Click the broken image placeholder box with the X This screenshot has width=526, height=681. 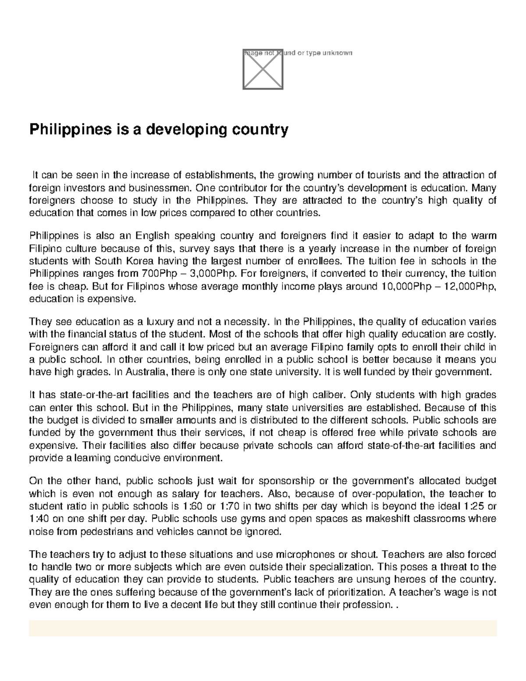tap(263, 69)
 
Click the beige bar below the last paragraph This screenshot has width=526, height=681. tap(263, 628)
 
